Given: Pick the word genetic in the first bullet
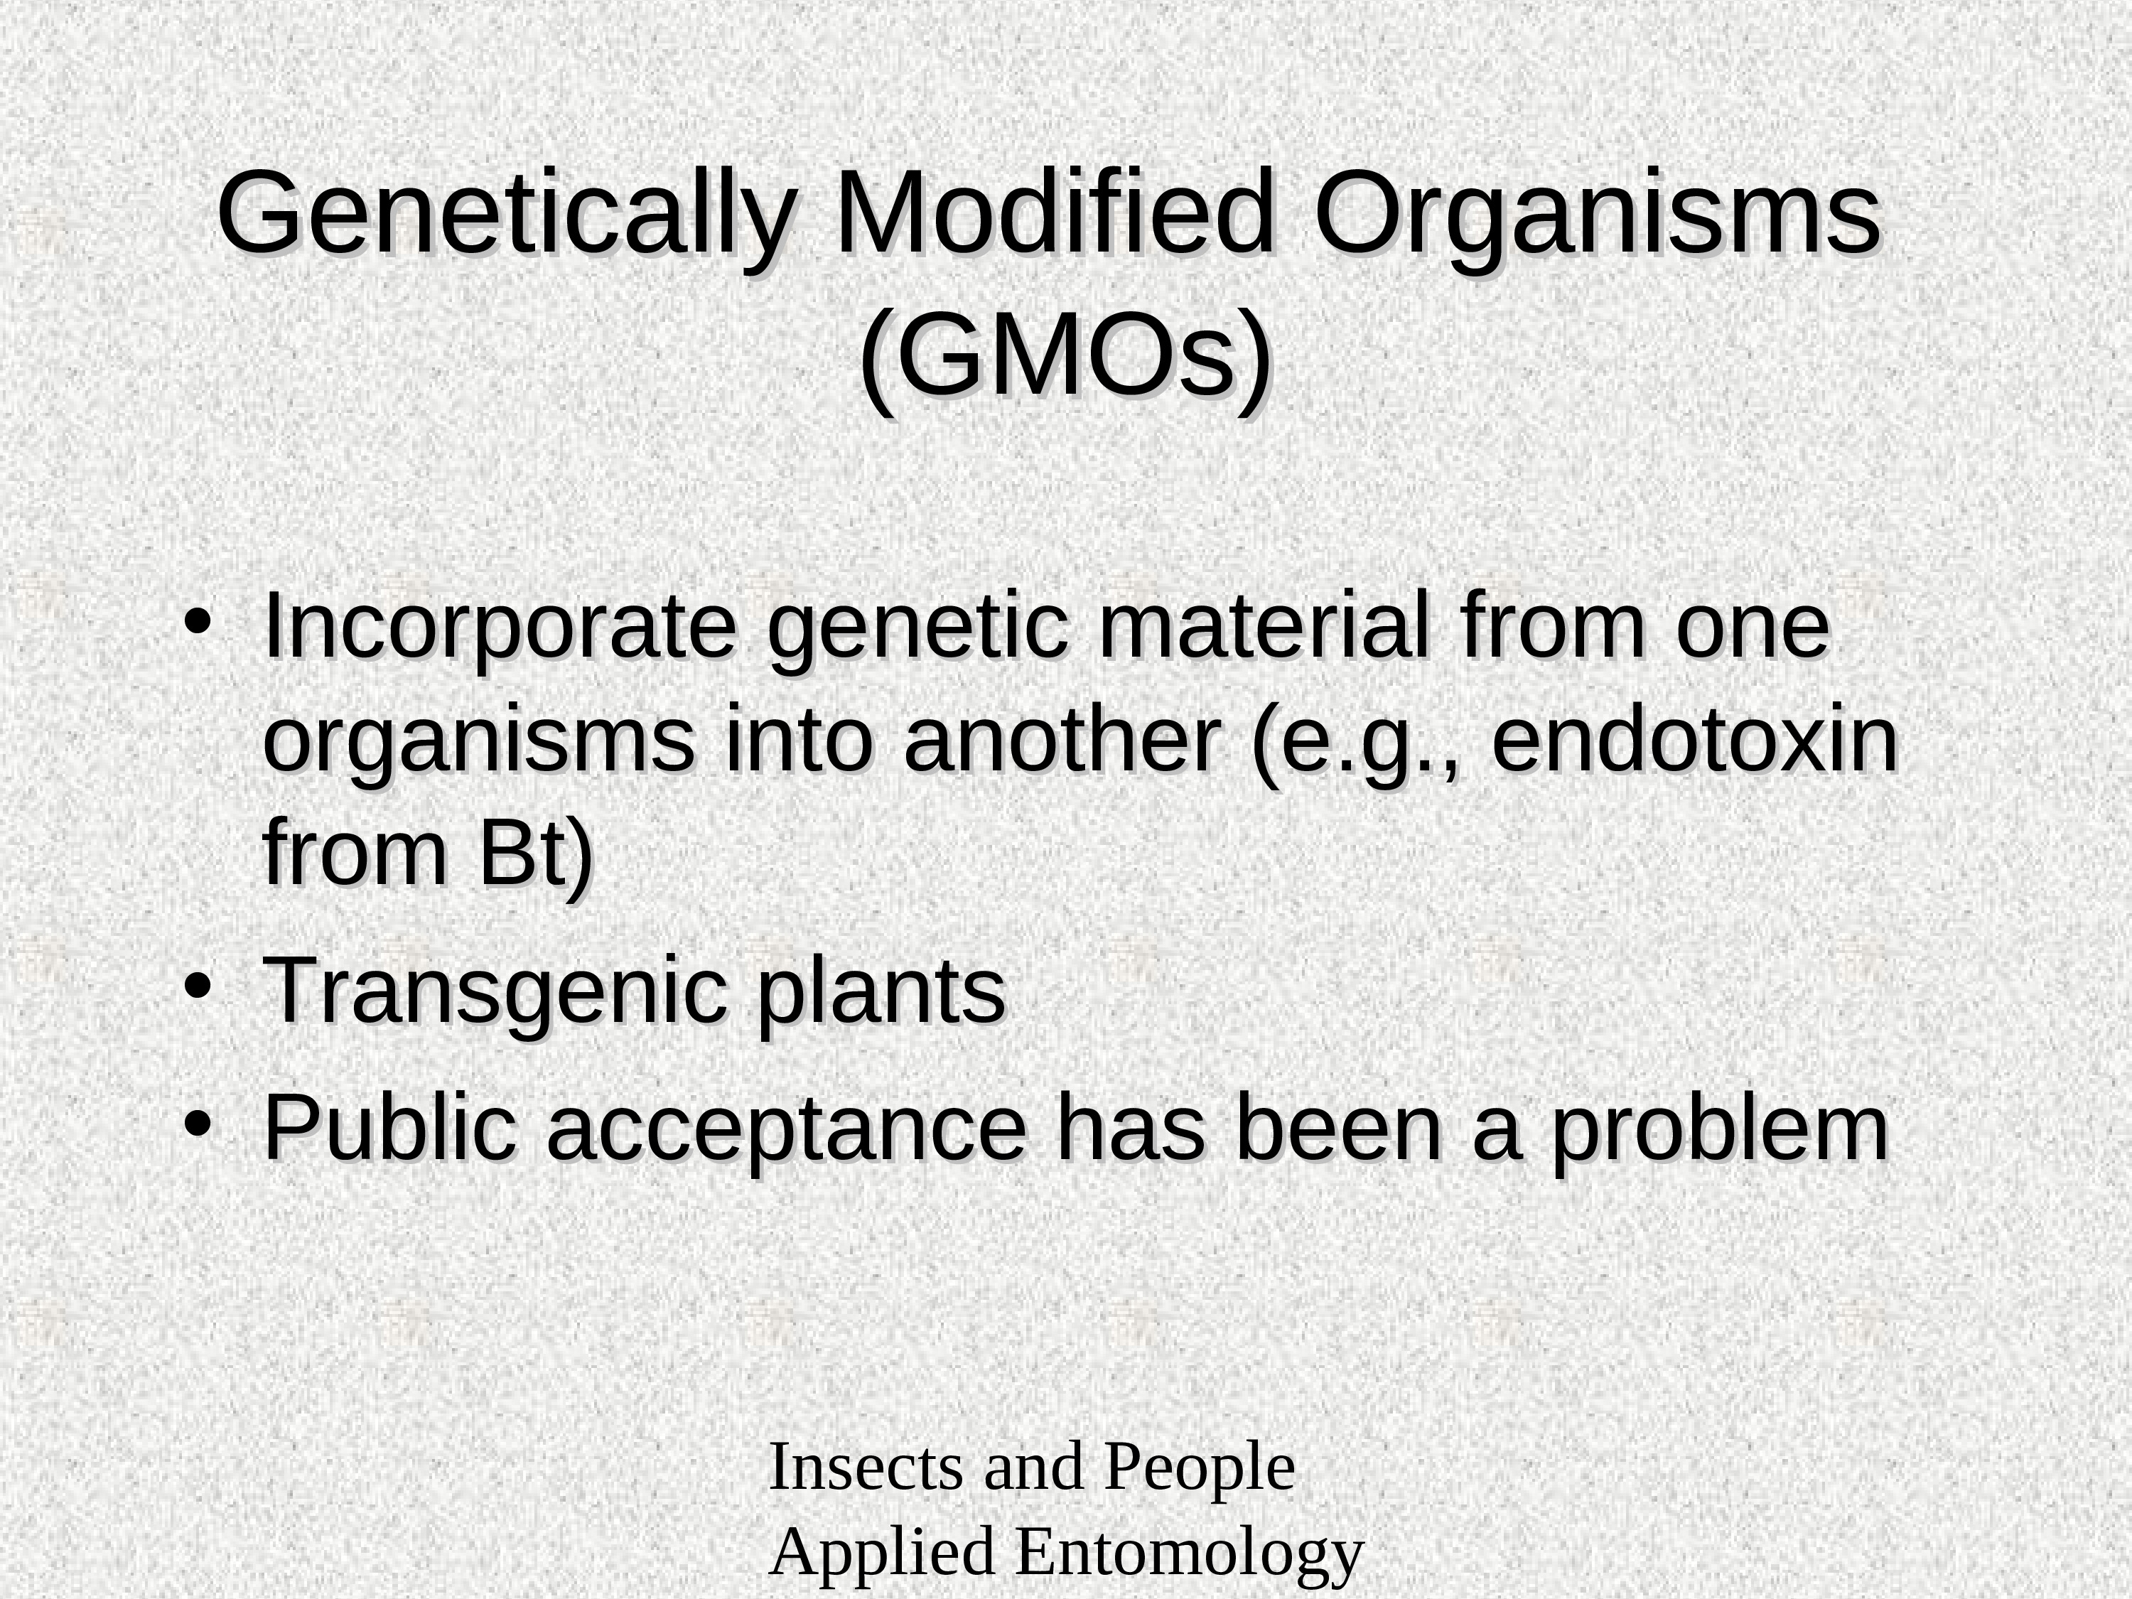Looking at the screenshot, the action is click(918, 631).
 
